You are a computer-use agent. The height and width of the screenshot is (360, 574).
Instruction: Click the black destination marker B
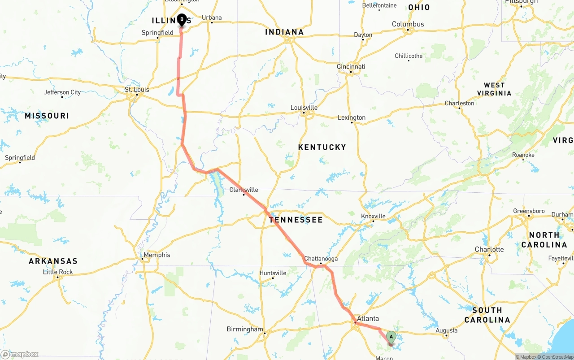182,20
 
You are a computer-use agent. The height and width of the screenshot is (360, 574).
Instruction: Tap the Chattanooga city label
321,259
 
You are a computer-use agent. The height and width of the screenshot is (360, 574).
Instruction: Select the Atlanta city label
368,319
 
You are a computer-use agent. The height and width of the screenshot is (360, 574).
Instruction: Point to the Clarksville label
244,190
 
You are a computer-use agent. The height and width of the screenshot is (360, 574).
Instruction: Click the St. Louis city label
137,90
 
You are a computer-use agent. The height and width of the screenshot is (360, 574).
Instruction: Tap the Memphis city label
157,255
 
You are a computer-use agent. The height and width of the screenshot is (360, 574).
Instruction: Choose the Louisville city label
304,108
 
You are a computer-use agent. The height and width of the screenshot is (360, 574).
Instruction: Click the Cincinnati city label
351,67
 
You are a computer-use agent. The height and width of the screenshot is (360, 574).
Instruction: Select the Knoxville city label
373,216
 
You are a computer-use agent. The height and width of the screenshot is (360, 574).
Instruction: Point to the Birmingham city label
244,329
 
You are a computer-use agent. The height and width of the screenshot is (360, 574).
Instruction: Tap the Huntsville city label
273,273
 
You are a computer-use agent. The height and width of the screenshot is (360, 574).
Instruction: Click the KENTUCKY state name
322,147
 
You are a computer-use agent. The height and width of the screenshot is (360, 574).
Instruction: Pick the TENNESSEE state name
296,220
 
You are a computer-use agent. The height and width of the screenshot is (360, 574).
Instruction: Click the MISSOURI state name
47,116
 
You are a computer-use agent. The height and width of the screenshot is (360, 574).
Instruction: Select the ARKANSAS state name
53,261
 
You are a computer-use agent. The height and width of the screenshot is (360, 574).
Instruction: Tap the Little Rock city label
58,272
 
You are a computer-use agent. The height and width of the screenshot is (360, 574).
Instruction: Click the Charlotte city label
489,249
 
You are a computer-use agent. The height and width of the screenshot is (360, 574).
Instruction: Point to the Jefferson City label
62,92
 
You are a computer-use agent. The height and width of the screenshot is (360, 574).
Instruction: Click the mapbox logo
20,354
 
